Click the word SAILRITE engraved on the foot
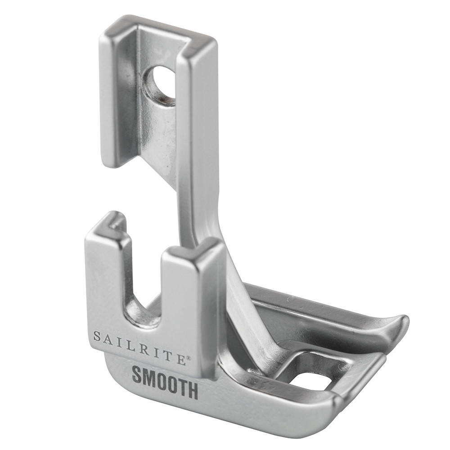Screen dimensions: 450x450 pyautogui.click(x=139, y=348)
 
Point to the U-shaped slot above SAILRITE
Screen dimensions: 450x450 pyautogui.click(x=143, y=288)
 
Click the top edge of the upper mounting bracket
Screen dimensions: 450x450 pyautogui.click(x=157, y=27)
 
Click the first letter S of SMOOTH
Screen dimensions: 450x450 pyautogui.click(x=137, y=374)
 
